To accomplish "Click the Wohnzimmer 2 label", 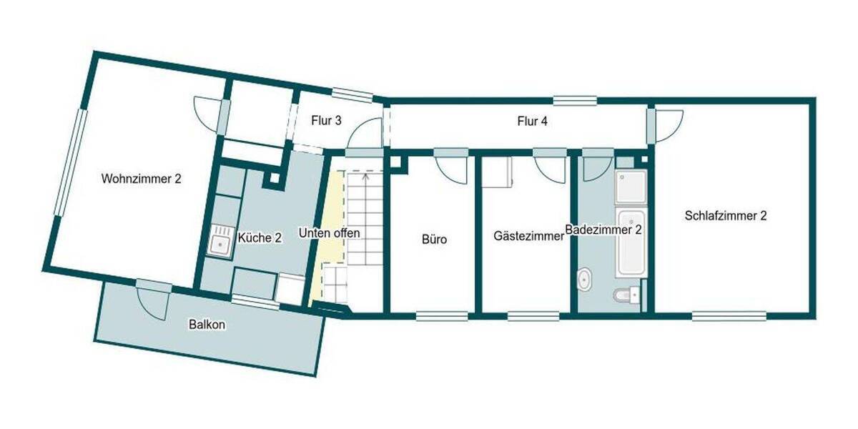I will (141, 179).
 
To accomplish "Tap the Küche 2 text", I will (259, 238).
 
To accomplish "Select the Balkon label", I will (207, 325).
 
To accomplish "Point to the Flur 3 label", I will (325, 121).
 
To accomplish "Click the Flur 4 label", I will (532, 122).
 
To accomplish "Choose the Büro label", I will (434, 240).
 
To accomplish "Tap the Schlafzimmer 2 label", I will (725, 215).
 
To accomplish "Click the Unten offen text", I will (330, 233).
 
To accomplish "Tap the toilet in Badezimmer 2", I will (625, 294).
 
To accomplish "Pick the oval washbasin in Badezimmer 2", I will (586, 280).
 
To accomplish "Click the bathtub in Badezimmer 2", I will (631, 243).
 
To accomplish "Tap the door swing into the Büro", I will (452, 167).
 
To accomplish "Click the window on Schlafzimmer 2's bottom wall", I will (729, 314).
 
